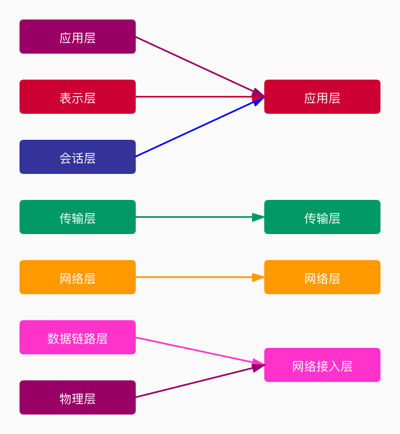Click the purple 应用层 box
coord(78,37)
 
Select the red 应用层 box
coord(322,97)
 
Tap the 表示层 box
coord(78,97)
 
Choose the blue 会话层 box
coord(78,157)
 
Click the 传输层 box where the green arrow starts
coord(78,217)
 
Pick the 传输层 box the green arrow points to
coord(322,217)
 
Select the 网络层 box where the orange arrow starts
coord(78,277)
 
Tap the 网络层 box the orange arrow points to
coord(322,277)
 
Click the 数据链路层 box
coord(78,338)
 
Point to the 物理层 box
coord(78,398)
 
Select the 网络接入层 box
coord(322,365)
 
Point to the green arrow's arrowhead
coord(258,217)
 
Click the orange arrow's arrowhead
coord(258,277)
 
